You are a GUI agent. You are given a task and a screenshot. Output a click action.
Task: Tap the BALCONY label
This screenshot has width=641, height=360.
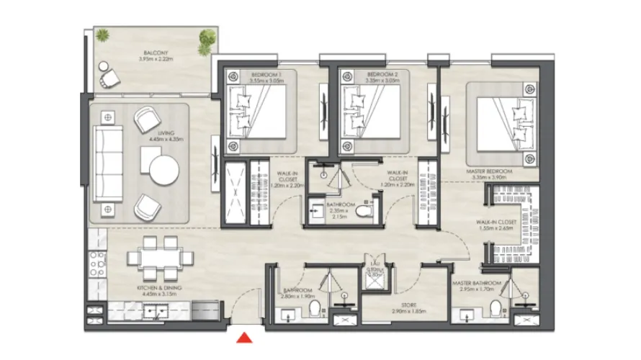[x=156, y=53]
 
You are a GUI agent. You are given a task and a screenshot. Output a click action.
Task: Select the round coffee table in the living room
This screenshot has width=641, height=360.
[x=164, y=171]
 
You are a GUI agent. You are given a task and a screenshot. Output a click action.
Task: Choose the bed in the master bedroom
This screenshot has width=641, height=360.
[x=505, y=124]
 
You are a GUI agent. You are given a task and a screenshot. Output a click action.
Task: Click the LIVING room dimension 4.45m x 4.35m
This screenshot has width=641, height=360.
[x=166, y=140]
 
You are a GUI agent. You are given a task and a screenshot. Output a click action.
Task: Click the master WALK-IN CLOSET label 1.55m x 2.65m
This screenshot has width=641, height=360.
[x=497, y=224]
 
